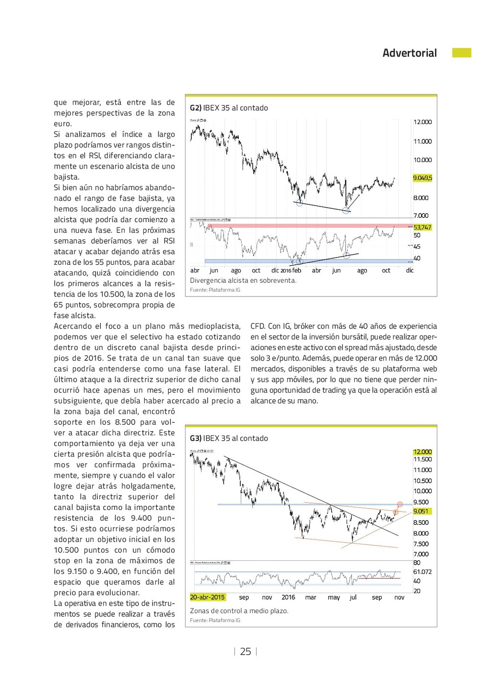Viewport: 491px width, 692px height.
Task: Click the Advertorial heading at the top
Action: click(409, 53)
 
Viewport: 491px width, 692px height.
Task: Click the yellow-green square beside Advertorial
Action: click(461, 53)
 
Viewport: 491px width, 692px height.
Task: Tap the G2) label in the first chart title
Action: click(196, 108)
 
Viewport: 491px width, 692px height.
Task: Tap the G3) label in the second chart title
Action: click(196, 439)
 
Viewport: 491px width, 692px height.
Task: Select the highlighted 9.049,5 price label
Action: click(422, 178)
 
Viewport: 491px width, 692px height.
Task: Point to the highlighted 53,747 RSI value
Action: click(422, 227)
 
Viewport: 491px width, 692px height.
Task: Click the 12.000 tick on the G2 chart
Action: click(422, 122)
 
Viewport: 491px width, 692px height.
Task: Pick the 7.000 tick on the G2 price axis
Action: click(421, 216)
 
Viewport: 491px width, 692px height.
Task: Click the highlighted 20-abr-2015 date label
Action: click(207, 598)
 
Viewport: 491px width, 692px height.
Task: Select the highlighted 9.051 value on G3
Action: click(421, 511)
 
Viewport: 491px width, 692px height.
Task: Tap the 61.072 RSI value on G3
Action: click(422, 572)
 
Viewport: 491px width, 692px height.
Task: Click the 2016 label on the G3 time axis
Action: click(288, 598)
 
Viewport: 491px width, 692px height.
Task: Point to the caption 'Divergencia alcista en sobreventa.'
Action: click(243, 281)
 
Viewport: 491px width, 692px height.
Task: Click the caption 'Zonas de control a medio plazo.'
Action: click(239, 611)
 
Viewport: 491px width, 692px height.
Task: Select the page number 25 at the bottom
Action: click(245, 652)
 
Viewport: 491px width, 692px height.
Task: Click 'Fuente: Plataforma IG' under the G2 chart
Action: click(215, 290)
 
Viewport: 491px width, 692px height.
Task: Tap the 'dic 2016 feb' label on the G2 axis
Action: click(286, 271)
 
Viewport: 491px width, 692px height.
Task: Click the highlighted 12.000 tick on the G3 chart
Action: click(422, 452)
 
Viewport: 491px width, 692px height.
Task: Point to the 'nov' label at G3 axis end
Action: click(399, 598)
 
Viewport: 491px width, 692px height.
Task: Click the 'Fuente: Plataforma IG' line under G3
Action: click(215, 621)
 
